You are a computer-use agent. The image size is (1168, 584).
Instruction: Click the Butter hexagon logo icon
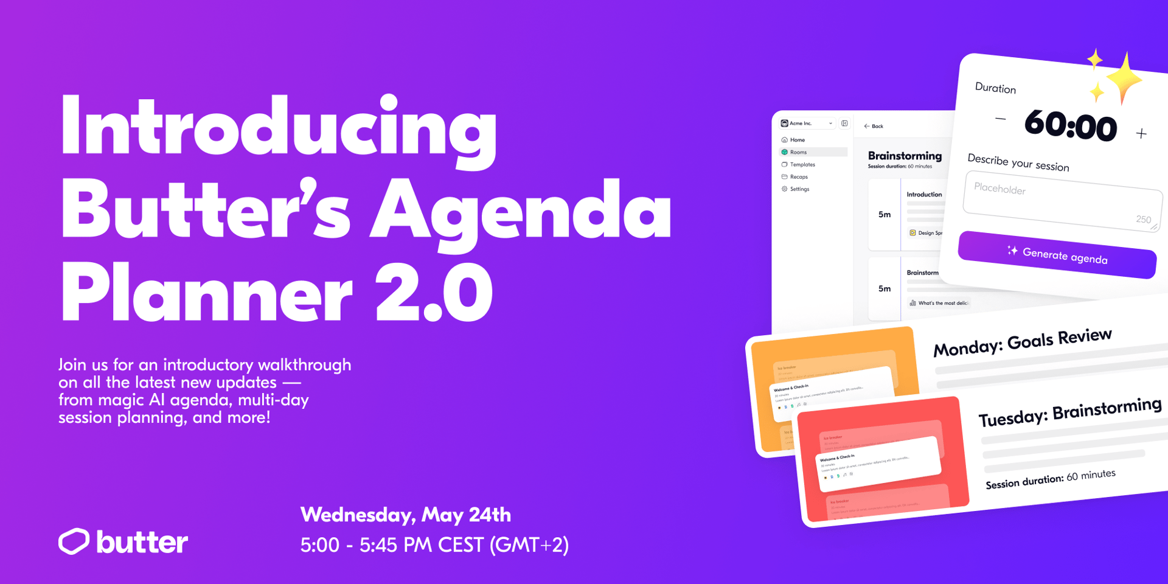click(74, 541)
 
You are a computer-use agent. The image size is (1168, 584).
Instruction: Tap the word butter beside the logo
click(142, 542)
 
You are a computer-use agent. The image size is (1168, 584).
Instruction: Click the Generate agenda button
click(1057, 254)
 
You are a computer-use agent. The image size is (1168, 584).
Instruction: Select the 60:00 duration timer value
click(1070, 125)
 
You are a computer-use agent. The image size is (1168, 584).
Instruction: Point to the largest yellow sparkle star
click(1124, 78)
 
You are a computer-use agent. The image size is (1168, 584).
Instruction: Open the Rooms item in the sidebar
click(798, 152)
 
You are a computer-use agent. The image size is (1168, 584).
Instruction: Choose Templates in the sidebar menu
click(802, 164)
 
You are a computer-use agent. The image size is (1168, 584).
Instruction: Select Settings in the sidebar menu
click(799, 189)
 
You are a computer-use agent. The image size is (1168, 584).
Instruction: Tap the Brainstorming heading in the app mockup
click(904, 156)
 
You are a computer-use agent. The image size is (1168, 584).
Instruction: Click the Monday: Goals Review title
click(1022, 342)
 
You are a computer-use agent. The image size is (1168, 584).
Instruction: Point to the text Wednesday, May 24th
click(405, 515)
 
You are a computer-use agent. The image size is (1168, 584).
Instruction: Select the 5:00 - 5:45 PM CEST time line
click(434, 544)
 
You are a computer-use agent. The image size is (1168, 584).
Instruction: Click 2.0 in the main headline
click(433, 292)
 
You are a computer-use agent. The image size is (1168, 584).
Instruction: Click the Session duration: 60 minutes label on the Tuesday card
click(1050, 479)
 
